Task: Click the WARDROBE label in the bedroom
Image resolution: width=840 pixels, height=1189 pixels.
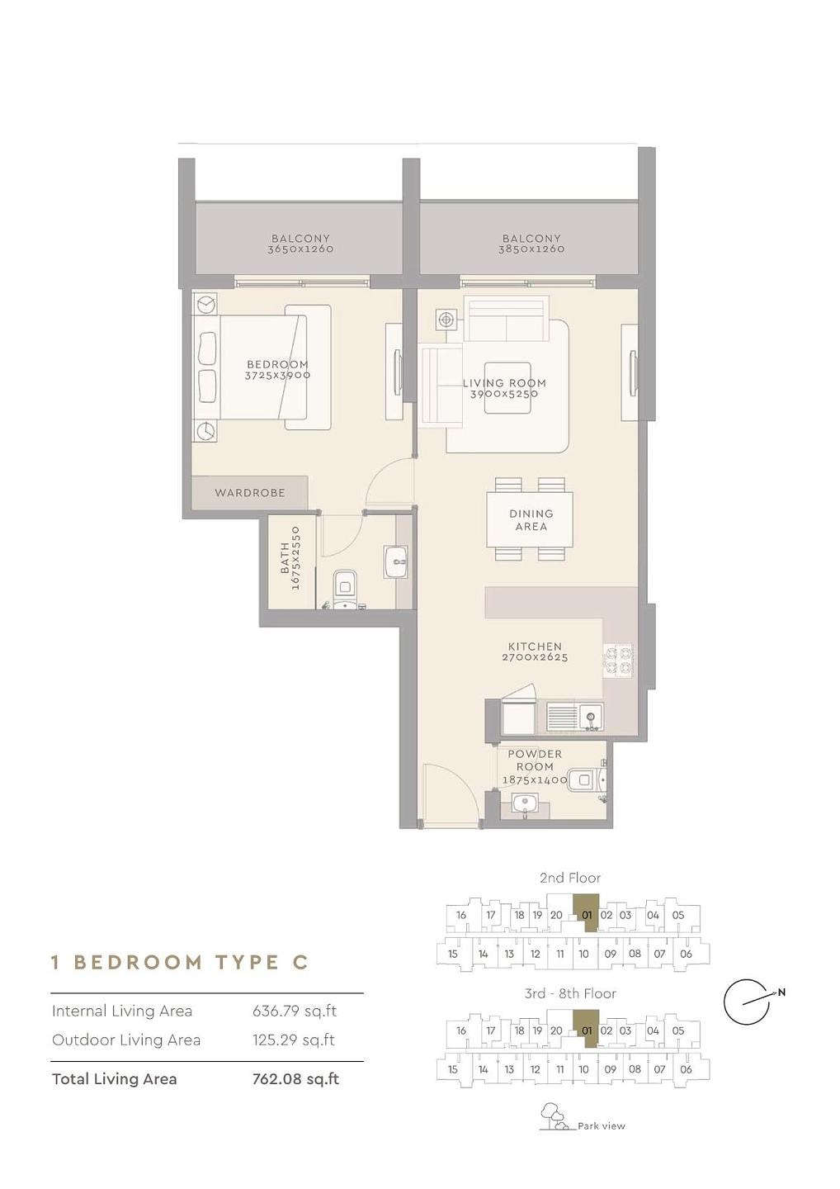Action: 250,493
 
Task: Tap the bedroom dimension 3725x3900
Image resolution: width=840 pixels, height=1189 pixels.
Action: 277,375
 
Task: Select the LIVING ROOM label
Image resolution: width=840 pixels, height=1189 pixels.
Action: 504,383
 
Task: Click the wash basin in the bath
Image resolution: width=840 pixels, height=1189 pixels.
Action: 397,561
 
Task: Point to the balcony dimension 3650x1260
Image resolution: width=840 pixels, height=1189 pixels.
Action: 300,249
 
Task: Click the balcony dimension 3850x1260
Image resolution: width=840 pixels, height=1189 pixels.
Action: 531,249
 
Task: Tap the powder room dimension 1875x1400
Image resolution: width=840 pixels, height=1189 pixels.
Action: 535,779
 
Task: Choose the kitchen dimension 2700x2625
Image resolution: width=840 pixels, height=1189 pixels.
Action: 535,657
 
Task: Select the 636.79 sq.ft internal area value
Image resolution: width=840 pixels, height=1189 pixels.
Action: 295,1011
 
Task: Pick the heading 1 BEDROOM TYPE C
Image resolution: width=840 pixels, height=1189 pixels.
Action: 180,962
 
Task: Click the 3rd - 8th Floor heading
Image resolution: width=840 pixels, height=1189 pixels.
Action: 570,993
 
